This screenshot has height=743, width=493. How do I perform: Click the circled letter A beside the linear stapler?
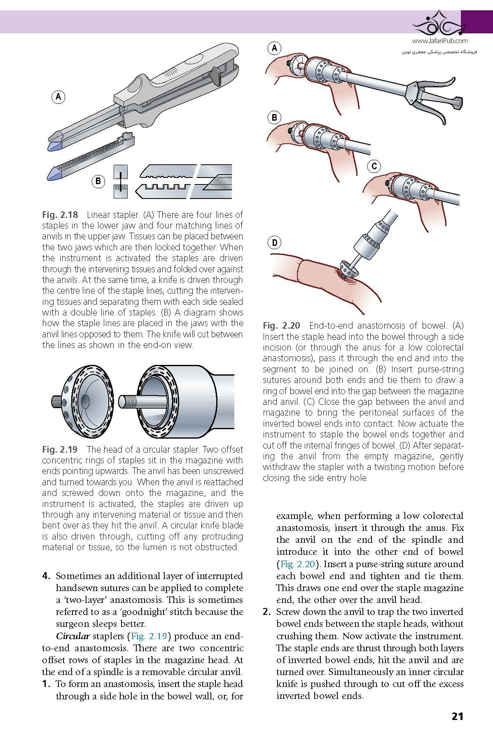pos(58,97)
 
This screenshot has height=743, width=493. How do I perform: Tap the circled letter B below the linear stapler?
pos(98,181)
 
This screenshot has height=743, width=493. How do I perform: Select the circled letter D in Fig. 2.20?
pos(274,243)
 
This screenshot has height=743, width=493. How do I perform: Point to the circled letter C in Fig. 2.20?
pos(374,166)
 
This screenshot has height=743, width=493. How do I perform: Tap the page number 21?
pos(457,716)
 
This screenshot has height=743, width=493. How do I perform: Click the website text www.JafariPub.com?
pos(439,41)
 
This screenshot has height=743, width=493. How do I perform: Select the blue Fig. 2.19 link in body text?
pos(149,636)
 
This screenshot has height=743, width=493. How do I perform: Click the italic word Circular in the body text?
pos(72,636)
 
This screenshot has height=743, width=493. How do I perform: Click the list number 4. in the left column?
pos(47,576)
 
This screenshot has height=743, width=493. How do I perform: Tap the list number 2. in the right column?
pos(266,612)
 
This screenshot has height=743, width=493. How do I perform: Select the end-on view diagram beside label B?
pos(121,181)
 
